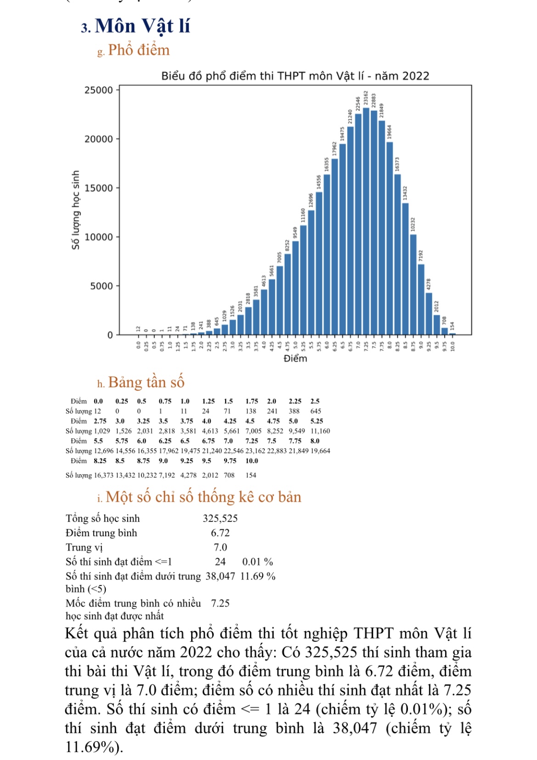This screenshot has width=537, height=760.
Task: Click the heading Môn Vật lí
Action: click(142, 26)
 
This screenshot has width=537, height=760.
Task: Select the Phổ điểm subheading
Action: click(138, 50)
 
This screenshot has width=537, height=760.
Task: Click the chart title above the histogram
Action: click(295, 76)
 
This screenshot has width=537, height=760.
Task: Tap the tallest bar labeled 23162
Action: click(366, 221)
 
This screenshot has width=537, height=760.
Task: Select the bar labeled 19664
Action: click(390, 238)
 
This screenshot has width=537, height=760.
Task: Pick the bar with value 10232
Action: click(413, 285)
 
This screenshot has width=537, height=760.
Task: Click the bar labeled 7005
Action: click(280, 300)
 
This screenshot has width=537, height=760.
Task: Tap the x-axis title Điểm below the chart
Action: click(295, 358)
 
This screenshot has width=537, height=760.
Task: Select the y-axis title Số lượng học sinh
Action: click(76, 210)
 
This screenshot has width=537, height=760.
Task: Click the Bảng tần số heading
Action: click(146, 382)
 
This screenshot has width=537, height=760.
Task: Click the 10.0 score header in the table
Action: click(252, 461)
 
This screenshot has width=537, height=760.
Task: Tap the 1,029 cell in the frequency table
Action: click(102, 431)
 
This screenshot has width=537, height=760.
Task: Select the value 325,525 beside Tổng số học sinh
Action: click(220, 518)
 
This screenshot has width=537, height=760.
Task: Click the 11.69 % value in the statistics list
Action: click(258, 577)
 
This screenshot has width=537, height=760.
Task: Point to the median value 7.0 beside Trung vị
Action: click(220, 547)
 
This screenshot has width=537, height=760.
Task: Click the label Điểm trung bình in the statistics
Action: click(102, 533)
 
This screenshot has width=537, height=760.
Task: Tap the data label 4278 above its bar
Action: click(429, 284)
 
